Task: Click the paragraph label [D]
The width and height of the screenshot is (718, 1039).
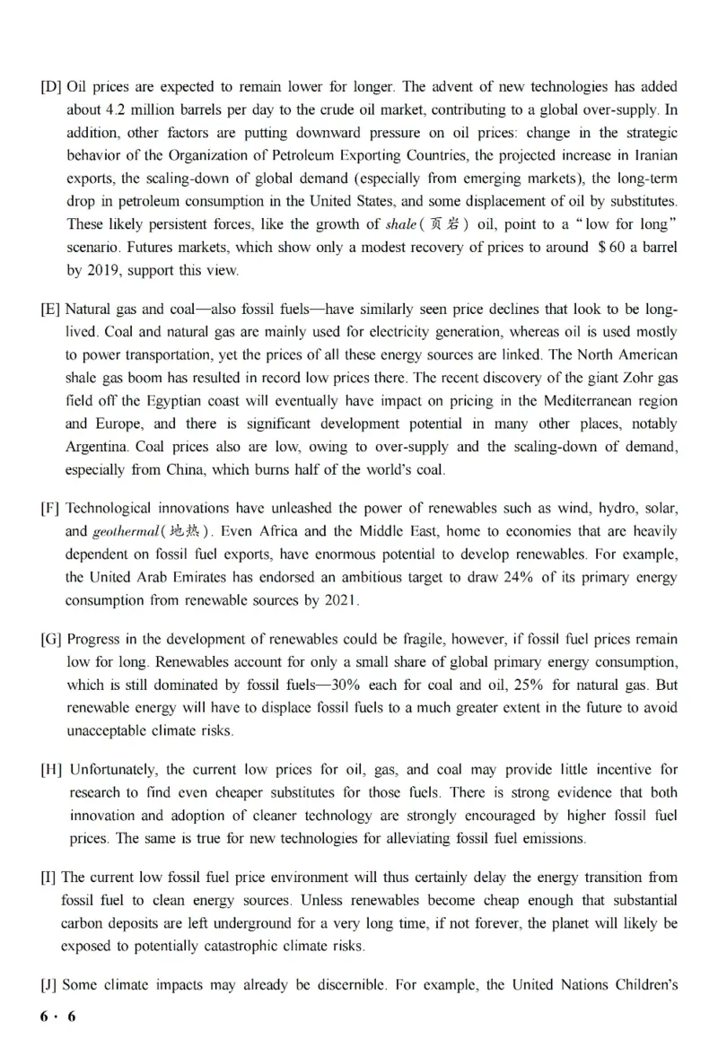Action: tap(51, 87)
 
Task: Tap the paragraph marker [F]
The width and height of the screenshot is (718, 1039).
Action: tap(51, 508)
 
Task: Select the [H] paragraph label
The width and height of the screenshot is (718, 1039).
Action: tap(51, 770)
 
